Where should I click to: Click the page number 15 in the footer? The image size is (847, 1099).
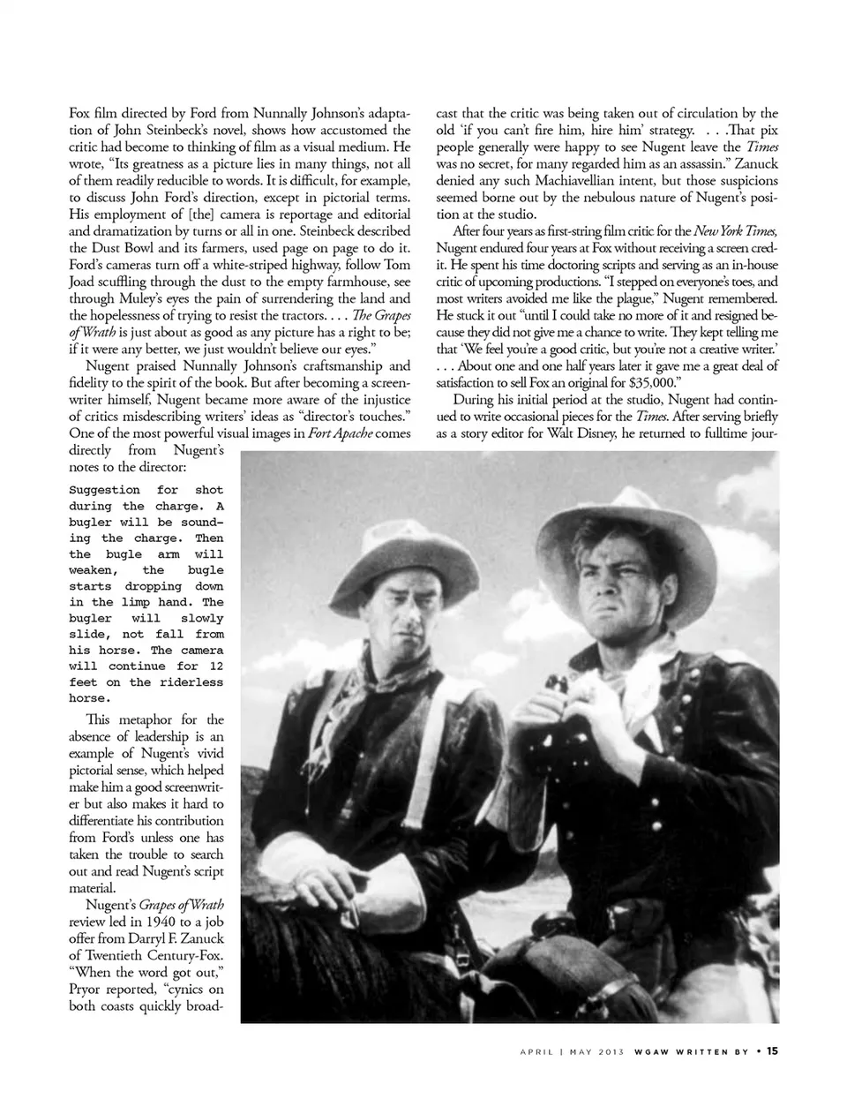coord(772,1050)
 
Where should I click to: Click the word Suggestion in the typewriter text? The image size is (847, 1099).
coord(104,490)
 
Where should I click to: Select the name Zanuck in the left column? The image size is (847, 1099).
coord(202,937)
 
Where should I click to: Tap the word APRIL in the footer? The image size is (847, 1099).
coord(536,1051)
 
